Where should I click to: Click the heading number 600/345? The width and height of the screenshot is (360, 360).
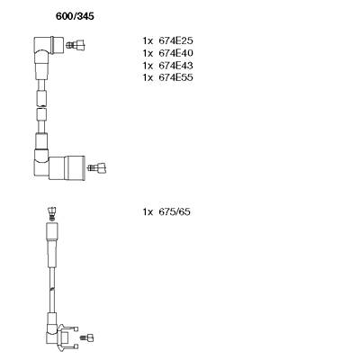click(x=75, y=16)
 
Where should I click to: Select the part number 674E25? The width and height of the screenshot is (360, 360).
click(x=175, y=40)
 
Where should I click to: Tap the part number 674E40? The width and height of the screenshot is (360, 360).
click(x=175, y=53)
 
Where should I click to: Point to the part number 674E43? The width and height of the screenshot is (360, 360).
click(x=175, y=66)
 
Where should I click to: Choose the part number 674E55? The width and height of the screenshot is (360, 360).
click(x=175, y=77)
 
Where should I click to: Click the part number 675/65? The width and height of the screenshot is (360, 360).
click(x=175, y=211)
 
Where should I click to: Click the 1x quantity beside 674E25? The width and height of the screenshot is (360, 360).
click(x=148, y=40)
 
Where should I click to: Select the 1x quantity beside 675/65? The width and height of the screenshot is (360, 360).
click(x=148, y=211)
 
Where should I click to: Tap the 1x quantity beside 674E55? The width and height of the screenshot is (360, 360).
click(x=148, y=77)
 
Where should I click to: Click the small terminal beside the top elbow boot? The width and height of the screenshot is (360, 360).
click(x=75, y=46)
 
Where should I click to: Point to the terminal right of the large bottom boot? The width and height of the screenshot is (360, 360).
click(x=96, y=167)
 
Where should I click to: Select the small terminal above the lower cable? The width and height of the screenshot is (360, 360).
click(x=52, y=213)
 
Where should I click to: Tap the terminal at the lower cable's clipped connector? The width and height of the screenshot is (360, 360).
click(x=87, y=337)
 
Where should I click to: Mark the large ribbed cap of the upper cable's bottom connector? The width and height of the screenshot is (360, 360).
click(x=75, y=168)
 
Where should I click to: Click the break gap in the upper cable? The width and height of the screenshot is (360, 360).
click(x=41, y=107)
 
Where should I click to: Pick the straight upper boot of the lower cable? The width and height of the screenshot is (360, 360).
click(x=51, y=245)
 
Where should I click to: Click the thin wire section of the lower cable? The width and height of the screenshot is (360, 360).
click(x=52, y=290)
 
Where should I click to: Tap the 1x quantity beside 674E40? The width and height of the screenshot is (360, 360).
click(x=148, y=53)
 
